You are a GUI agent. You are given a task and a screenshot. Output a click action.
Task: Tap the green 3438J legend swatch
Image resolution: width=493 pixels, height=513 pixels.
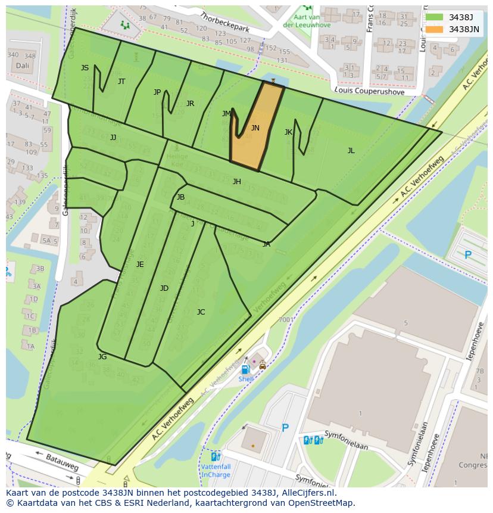coord(435,17)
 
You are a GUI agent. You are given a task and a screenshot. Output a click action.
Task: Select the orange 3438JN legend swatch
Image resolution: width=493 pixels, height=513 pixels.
coord(435,29)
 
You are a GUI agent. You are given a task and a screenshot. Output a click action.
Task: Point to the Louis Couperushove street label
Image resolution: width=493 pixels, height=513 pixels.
coord(369,91)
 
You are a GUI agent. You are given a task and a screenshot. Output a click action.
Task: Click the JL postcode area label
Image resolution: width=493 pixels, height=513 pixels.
coord(351,151)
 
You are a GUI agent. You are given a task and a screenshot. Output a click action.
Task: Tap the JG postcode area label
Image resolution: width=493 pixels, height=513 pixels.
coord(102,356)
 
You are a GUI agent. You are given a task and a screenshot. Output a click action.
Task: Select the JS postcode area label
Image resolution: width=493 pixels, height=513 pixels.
coord(85,68)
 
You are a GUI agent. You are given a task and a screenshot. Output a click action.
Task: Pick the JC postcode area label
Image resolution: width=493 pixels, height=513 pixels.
coord(201,312)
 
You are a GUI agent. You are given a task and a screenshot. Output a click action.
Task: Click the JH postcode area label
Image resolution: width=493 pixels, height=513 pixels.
coord(236,182)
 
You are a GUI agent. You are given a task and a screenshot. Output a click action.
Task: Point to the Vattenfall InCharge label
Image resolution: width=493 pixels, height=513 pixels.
coord(215,471)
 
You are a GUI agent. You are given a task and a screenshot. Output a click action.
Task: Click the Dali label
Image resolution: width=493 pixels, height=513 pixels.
coord(22,66)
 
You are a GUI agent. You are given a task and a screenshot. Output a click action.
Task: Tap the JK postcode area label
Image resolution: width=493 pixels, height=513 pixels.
coord(288,132)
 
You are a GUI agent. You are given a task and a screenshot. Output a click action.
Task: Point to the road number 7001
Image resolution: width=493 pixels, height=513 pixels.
coord(286,319)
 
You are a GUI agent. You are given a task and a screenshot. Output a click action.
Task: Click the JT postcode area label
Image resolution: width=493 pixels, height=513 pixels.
coord(121,82)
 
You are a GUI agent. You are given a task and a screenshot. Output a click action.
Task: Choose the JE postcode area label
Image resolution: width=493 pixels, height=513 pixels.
coord(139,264)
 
